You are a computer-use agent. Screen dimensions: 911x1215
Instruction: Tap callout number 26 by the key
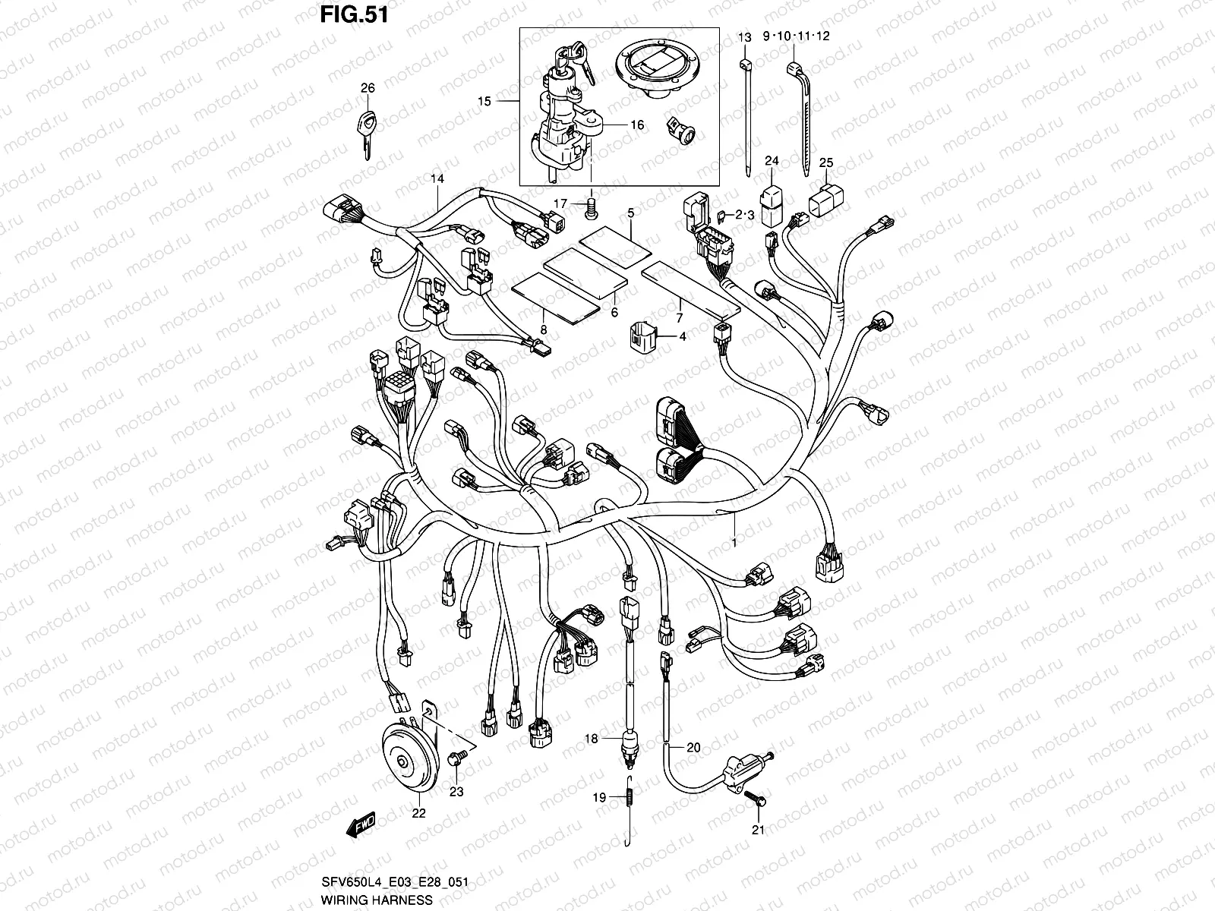pos(368,88)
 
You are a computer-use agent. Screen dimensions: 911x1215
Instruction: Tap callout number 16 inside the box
pos(636,125)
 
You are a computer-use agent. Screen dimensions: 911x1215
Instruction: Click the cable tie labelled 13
pos(746,114)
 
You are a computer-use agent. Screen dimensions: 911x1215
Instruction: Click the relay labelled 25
pos(825,196)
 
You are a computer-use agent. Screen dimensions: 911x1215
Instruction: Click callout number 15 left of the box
pos(484,101)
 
